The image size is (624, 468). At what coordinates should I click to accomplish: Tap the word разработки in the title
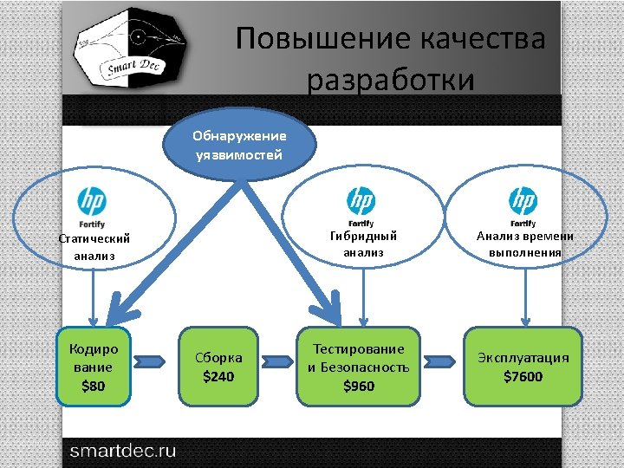391,80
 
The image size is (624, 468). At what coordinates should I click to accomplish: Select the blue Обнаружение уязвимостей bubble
239,145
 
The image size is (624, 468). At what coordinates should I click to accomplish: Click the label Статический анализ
94,247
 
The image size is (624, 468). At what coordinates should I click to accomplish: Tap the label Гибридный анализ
363,243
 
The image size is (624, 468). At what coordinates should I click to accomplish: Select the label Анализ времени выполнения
524,244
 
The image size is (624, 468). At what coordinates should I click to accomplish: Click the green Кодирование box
93,367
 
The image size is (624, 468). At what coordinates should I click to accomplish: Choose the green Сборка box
218,367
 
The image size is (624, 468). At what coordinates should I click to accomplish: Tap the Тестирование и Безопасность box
359,367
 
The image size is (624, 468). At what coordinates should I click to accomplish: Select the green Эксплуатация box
523,367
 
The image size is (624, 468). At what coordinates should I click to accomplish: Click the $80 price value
93,387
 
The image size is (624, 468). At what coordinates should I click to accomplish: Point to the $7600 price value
523,377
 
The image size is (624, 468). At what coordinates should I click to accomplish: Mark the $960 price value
359,387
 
